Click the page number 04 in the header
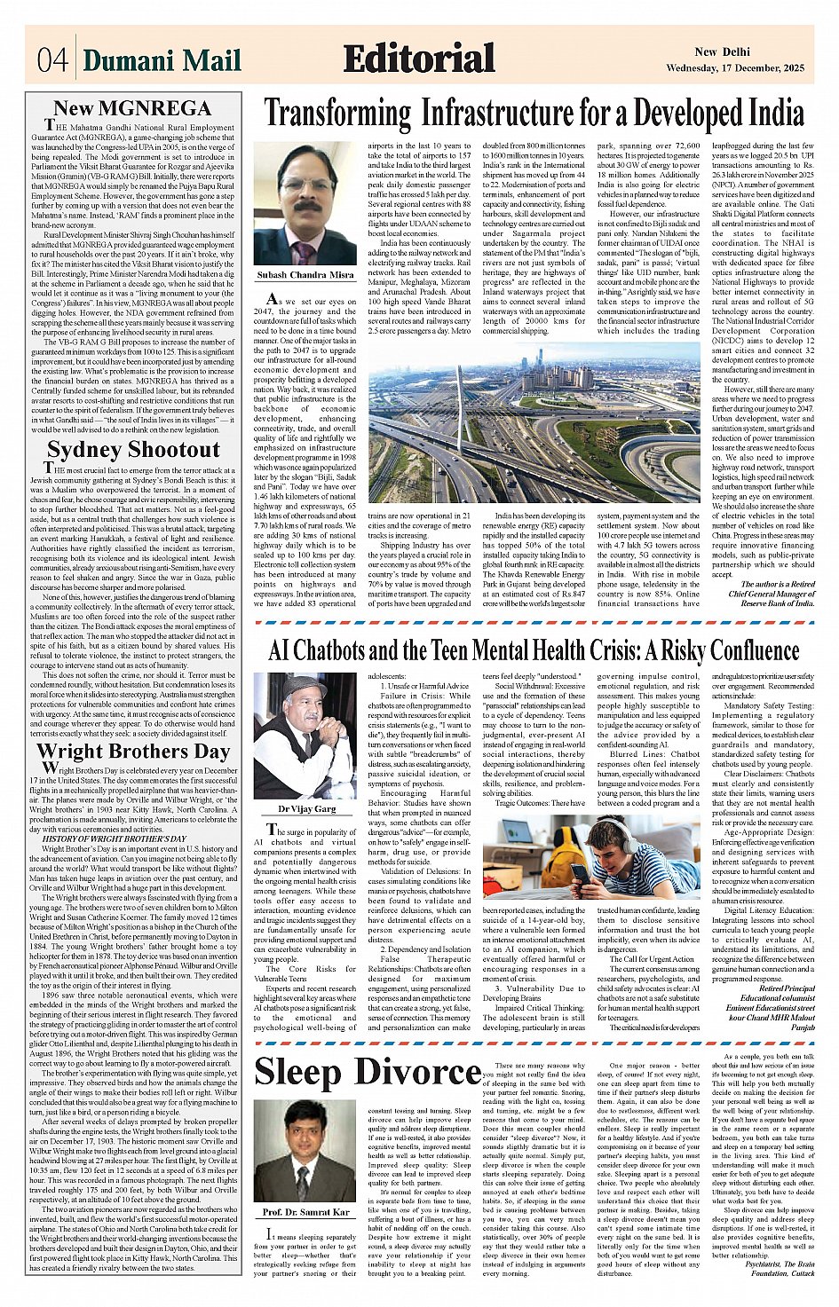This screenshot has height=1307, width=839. click(x=52, y=60)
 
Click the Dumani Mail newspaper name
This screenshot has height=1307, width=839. click(x=162, y=60)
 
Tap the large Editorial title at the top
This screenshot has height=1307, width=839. click(x=419, y=59)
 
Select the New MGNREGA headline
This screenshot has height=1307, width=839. click(x=132, y=108)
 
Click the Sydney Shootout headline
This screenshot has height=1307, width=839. click(x=133, y=449)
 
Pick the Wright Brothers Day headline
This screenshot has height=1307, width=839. click(x=133, y=751)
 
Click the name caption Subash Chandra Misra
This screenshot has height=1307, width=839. click(x=305, y=276)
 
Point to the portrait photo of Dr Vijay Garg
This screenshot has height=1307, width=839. click(x=305, y=736)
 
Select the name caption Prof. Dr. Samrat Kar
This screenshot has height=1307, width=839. click(x=305, y=1212)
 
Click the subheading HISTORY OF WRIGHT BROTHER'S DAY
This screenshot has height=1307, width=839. click(x=115, y=839)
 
